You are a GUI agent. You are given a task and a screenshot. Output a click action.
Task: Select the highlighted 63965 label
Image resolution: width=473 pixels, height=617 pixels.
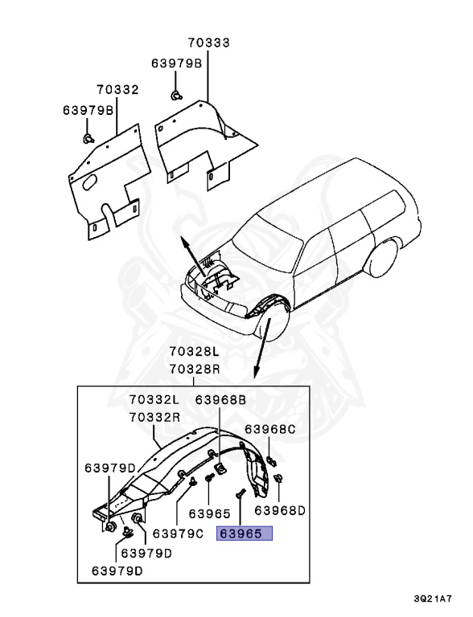pyautogui.click(x=245, y=533)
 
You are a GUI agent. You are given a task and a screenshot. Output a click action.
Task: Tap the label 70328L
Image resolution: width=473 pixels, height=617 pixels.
pyautogui.click(x=194, y=352)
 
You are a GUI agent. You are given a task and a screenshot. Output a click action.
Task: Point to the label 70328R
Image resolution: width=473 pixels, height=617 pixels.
pyautogui.click(x=194, y=369)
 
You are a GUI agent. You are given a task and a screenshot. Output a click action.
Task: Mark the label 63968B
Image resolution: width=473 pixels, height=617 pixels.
pyautogui.click(x=220, y=400)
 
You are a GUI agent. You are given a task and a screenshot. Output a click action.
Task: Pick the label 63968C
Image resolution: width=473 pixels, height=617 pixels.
pyautogui.click(x=270, y=430)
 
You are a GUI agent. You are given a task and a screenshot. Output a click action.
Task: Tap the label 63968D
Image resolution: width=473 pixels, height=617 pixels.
pyautogui.click(x=281, y=509)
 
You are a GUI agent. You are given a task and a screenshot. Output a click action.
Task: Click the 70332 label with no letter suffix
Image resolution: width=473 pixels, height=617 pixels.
pyautogui.click(x=117, y=89)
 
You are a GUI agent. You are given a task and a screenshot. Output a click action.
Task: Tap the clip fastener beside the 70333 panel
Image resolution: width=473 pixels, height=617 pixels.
pyautogui.click(x=174, y=96)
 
